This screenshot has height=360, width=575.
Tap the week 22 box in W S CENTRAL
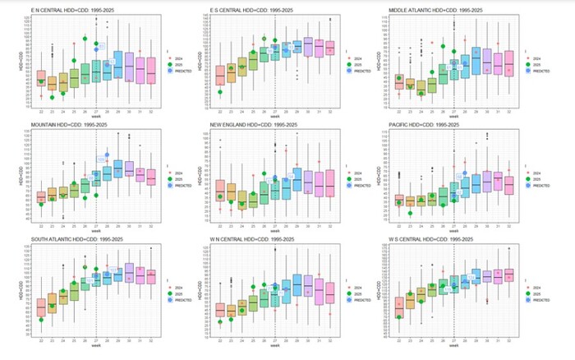click(399, 304)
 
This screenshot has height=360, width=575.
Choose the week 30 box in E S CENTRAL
click(308, 47)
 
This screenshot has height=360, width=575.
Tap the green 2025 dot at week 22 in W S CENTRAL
click(399, 317)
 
